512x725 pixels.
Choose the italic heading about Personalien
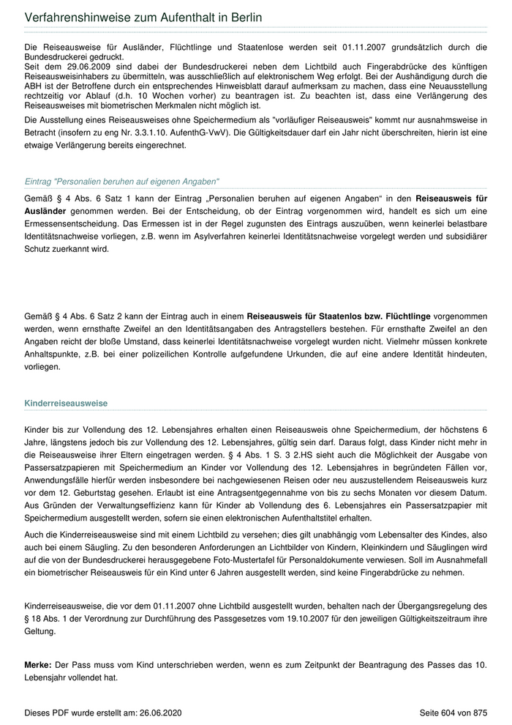[x=122, y=181]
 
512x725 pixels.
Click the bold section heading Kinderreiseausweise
[x=66, y=403]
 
